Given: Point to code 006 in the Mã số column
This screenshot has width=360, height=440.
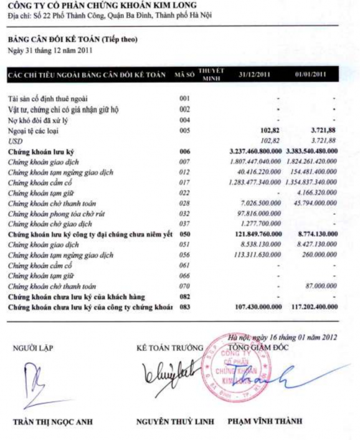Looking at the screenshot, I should coord(184,151).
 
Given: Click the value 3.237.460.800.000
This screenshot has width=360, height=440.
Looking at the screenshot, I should coord(250,151).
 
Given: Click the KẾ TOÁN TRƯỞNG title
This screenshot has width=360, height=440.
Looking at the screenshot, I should coord(170,347).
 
